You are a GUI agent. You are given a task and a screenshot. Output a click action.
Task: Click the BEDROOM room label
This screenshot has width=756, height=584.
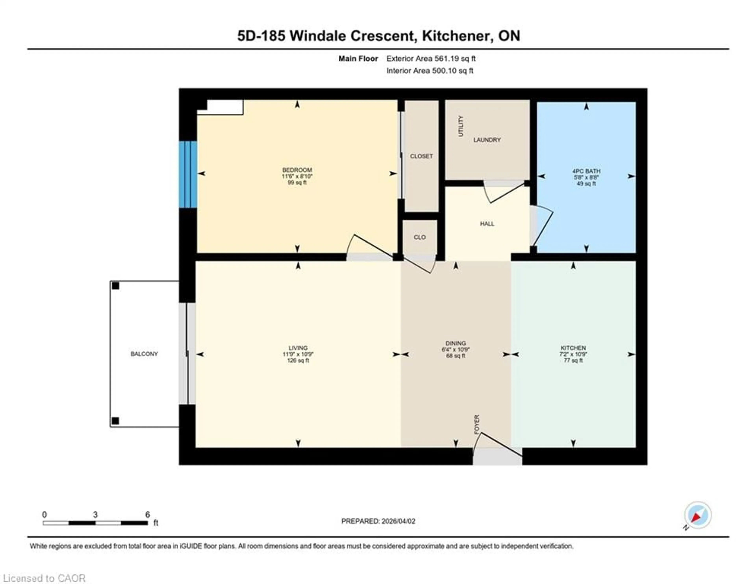[x=297, y=170]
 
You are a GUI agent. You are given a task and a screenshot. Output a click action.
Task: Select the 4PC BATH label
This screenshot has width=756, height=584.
[x=586, y=171]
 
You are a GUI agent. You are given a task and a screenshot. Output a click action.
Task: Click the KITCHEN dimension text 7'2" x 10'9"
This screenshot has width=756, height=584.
[x=573, y=354]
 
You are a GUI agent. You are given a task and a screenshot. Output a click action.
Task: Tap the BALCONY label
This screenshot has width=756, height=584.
[x=144, y=354]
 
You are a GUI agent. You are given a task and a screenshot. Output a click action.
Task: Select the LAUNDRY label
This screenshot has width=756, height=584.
[x=487, y=139]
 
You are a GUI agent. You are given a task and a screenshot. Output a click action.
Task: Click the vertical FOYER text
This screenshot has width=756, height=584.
[x=477, y=424]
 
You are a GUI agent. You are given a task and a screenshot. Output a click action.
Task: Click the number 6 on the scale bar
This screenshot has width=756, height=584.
[x=147, y=515]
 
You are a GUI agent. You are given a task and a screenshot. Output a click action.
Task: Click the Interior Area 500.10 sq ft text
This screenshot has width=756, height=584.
[x=430, y=71]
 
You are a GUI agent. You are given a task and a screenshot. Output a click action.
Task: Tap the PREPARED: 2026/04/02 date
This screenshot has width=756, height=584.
[x=378, y=521]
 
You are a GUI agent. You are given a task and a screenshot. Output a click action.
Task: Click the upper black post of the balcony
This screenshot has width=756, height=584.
[x=115, y=286]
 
